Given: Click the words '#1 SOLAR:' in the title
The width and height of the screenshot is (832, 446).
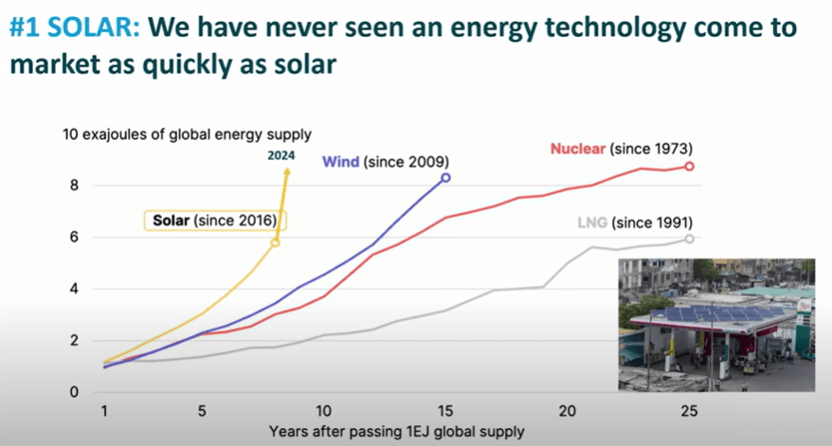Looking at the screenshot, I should point(73,29).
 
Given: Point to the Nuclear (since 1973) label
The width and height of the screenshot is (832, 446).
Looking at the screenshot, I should point(622,149).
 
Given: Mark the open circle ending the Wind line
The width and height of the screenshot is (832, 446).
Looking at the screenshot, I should point(445,178).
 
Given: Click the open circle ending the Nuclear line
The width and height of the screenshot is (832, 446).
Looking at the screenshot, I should point(689,166).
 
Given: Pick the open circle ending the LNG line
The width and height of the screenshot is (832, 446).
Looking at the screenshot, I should point(689,239).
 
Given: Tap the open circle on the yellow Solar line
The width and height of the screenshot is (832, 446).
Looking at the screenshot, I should point(275,243).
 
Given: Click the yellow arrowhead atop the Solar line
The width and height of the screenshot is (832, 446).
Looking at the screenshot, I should point(287,171).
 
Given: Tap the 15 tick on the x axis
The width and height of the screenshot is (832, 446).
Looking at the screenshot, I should point(445,412).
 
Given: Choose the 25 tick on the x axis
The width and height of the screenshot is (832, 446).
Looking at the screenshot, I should point(689,412).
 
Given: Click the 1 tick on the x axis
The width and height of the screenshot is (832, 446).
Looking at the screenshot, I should point(105,412).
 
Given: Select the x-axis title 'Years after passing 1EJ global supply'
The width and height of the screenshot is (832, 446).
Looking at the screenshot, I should point(396,433).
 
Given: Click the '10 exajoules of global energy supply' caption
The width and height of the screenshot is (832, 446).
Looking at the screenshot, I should point(187,134).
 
